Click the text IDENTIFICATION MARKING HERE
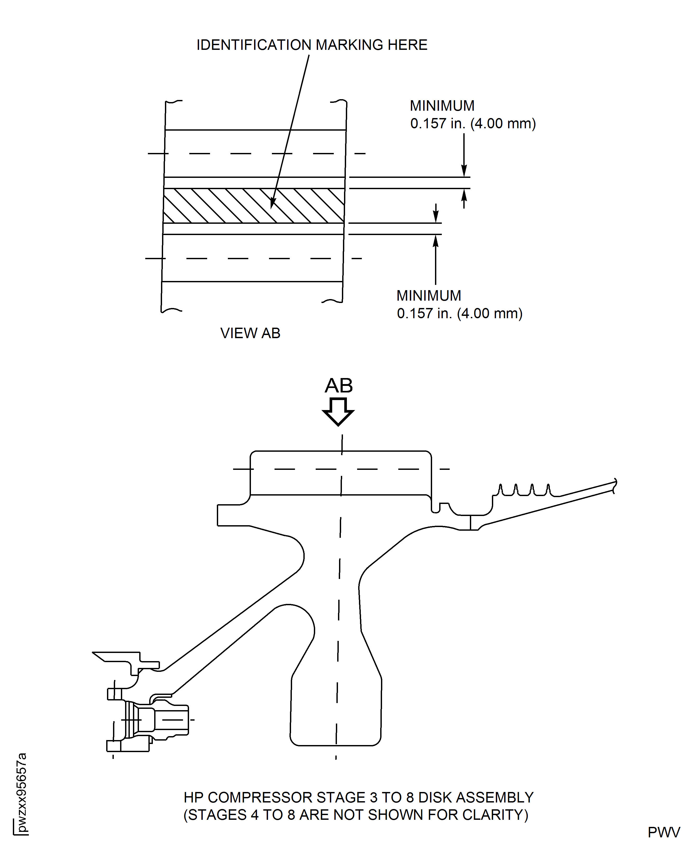tap(312, 45)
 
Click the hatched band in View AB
tap(224, 206)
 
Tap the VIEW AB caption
tap(250, 333)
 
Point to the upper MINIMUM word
tap(442, 106)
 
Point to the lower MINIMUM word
tap(429, 296)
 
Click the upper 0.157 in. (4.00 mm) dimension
tap(473, 123)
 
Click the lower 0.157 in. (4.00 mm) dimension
tap(459, 313)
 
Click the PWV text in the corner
tap(663, 832)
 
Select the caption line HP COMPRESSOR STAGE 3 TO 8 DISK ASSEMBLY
tap(358, 797)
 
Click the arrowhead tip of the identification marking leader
tap(271, 208)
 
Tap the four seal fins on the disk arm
tap(524, 490)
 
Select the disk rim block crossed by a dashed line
tap(341, 473)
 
